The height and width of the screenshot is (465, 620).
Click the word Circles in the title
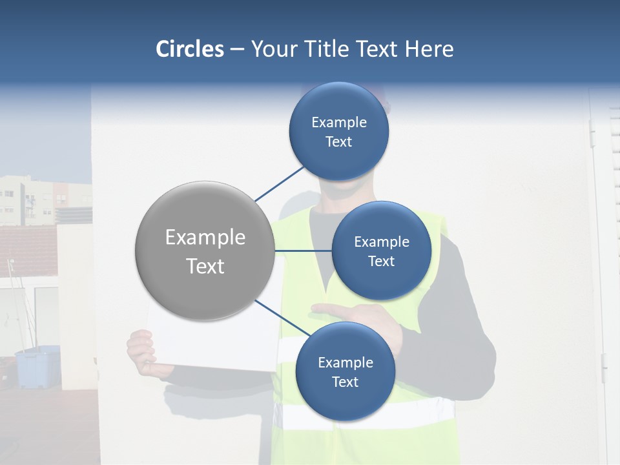tap(189, 49)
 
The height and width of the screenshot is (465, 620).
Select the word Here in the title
tap(429, 49)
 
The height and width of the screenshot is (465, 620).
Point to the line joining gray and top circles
tap(280, 183)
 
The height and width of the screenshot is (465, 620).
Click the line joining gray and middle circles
tap(302, 251)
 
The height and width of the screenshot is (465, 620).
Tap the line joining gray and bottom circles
tap(283, 318)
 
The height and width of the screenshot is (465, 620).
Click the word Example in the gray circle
tap(205, 238)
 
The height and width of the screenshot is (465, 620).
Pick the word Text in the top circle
tap(338, 142)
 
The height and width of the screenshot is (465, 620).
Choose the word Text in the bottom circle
tap(345, 382)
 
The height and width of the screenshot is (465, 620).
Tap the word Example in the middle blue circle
tap(381, 242)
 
